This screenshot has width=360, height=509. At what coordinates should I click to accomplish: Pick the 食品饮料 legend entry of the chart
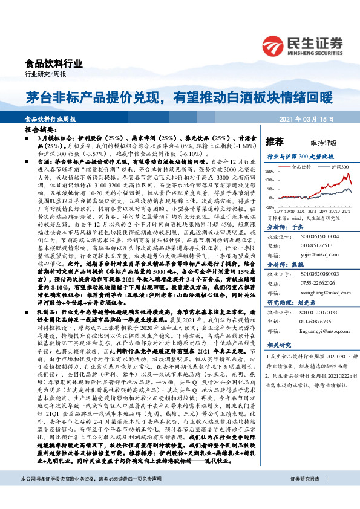301,165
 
